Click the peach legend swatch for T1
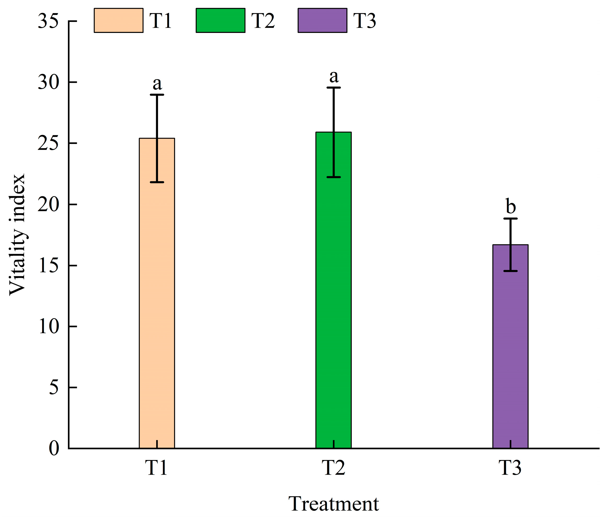pos(118,20)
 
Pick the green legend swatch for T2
pos(220,20)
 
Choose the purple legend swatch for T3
pos(323,20)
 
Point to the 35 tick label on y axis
pos(48,21)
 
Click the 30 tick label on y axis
pos(48,82)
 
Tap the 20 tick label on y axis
pos(48,205)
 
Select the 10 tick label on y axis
pos(48,327)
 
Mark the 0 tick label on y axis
pos(54,449)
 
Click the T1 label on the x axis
pos(157,468)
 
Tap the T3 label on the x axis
pos(510,468)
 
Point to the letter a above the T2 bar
pos(334,76)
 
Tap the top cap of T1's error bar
pos(157,95)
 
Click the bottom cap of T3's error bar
pos(510,271)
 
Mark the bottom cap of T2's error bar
pos(334,177)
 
